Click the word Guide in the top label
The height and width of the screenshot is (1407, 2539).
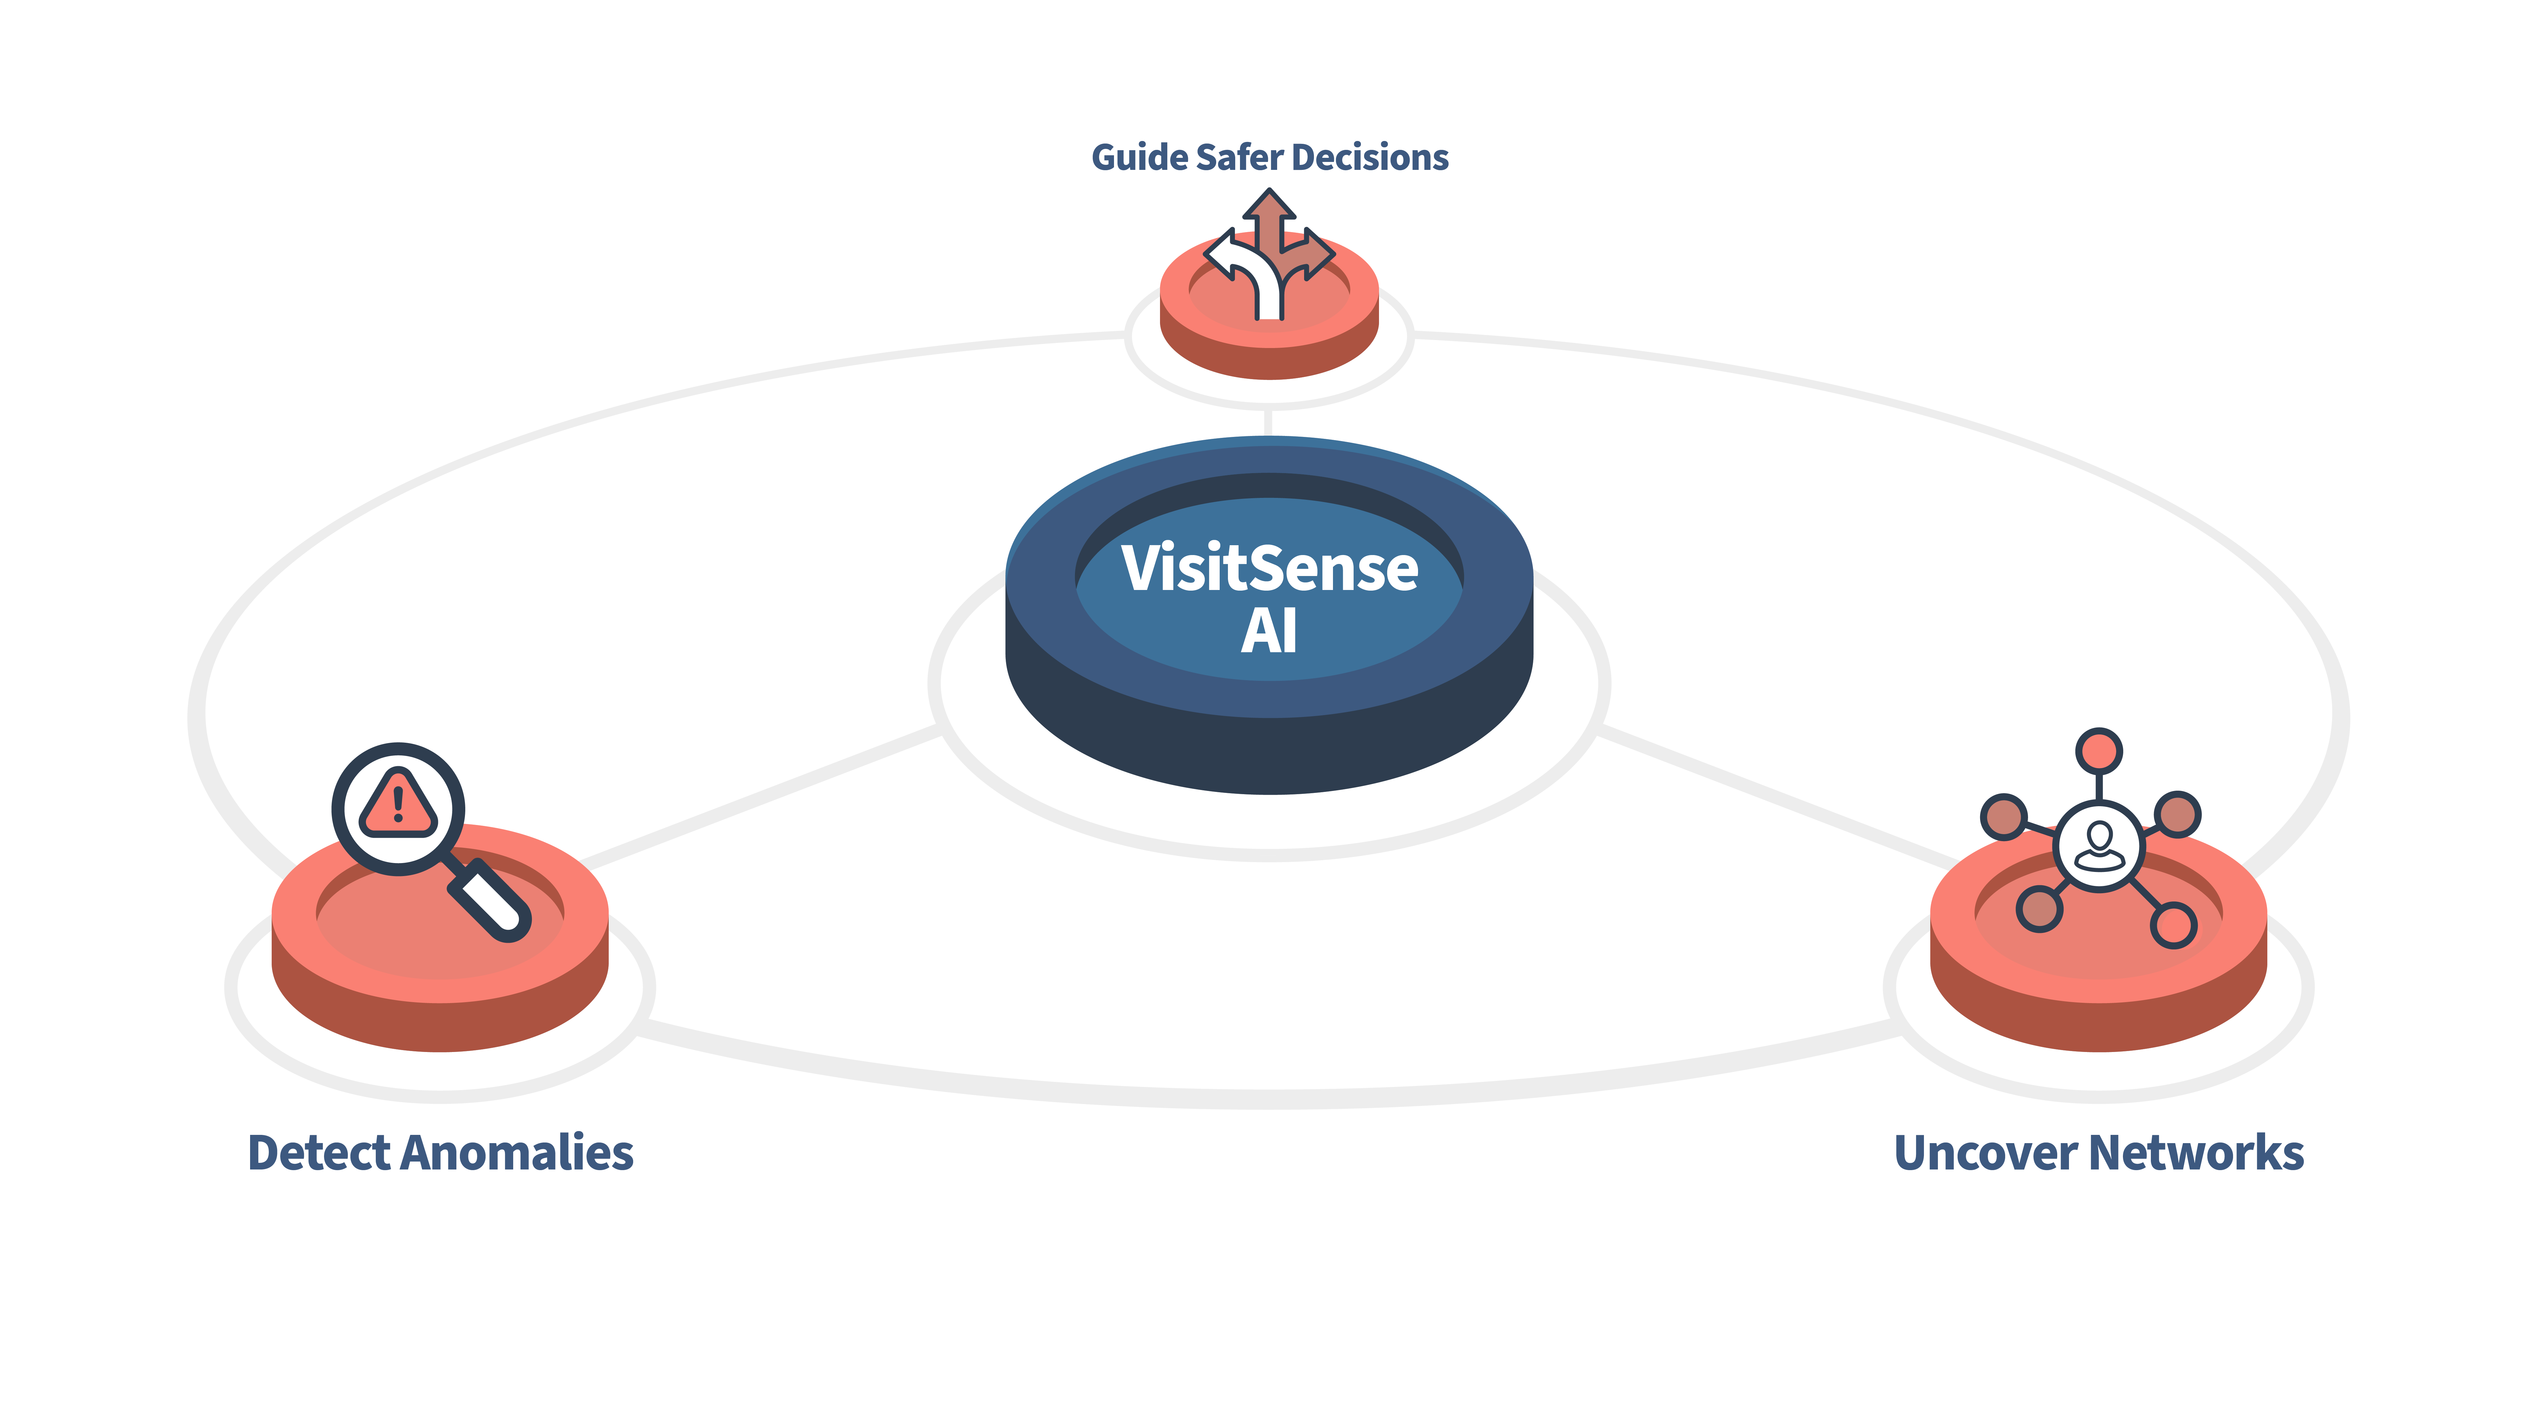[x=1138, y=158]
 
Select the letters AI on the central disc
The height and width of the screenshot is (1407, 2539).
[x=1269, y=631]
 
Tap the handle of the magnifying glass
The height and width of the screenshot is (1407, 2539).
[x=490, y=899]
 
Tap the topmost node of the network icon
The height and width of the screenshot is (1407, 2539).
[x=2099, y=751]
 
